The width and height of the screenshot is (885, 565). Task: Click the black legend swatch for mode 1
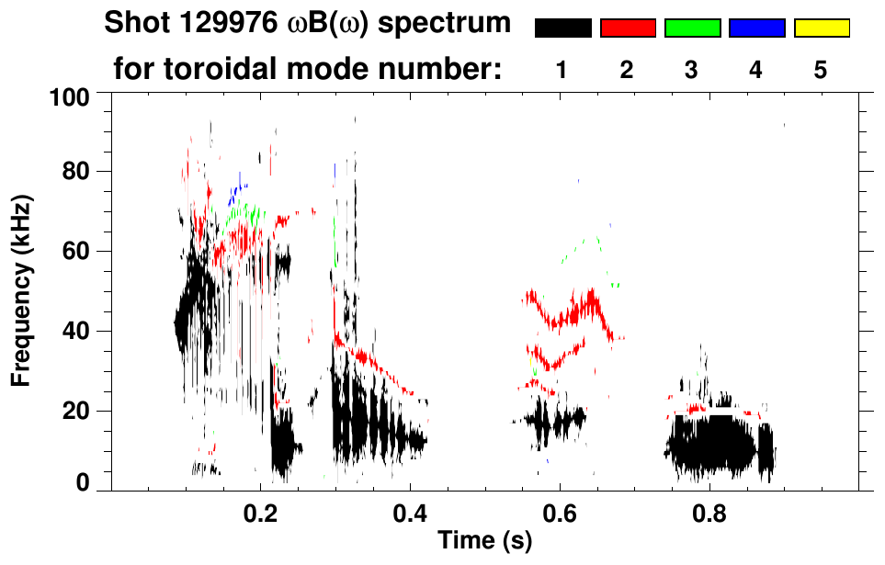tap(562, 28)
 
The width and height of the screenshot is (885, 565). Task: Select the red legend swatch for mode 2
tap(628, 28)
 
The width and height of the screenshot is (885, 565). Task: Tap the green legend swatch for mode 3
tap(692, 28)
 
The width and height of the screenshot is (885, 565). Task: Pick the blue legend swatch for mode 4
tap(756, 28)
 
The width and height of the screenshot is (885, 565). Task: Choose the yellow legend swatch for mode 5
tap(821, 28)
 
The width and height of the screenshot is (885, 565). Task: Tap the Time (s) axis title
tap(484, 541)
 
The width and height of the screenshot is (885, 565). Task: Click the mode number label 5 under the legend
tap(821, 70)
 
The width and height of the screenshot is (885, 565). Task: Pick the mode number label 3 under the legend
tap(692, 70)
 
